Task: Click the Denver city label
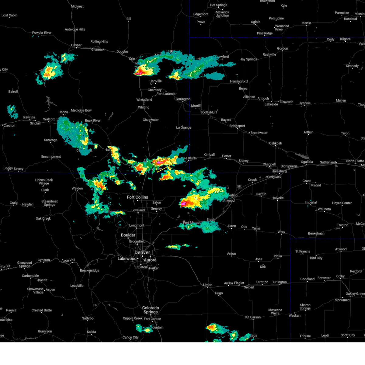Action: click(x=142, y=252)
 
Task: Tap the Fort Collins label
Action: click(x=137, y=197)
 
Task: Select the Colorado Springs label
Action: click(x=151, y=310)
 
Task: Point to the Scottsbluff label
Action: click(x=209, y=112)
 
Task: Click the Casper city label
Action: click(x=76, y=45)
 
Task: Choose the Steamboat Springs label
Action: click(x=50, y=203)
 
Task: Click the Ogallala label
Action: click(x=307, y=162)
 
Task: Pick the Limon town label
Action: click(x=208, y=285)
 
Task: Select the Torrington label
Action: click(x=183, y=99)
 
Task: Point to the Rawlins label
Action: click(x=29, y=117)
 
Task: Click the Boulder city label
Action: click(x=128, y=235)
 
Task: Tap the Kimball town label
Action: click(x=209, y=155)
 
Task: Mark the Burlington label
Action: click(x=279, y=282)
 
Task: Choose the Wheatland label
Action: click(x=144, y=99)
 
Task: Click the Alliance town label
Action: click(x=249, y=97)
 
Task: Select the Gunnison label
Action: click(x=45, y=331)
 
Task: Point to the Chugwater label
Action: click(x=151, y=120)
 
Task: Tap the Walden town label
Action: click(x=77, y=188)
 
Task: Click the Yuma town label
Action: click(x=256, y=228)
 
